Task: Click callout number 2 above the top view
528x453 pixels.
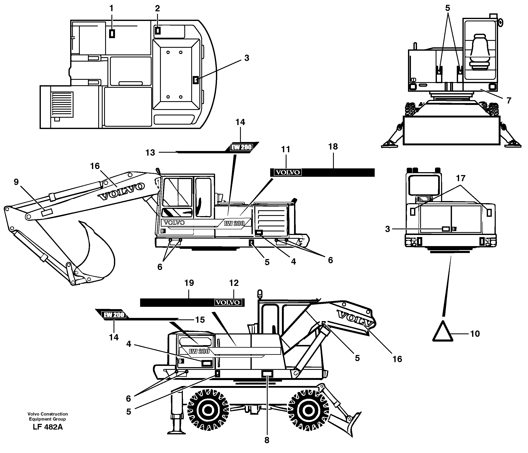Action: (157, 8)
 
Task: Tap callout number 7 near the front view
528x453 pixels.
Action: (509, 101)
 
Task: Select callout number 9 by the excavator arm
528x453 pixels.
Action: (16, 182)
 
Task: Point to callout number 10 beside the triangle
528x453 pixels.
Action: (475, 333)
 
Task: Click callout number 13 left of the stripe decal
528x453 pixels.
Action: (150, 153)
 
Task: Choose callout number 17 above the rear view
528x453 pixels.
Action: (461, 178)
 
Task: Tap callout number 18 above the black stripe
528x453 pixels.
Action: (333, 147)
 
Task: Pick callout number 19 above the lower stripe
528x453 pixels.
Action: (189, 283)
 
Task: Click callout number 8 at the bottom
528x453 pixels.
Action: (267, 440)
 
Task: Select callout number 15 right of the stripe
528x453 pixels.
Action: (200, 320)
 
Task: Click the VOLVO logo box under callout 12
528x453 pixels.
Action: (228, 302)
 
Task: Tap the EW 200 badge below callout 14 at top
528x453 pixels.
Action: (241, 147)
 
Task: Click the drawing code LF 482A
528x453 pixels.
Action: (48, 427)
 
